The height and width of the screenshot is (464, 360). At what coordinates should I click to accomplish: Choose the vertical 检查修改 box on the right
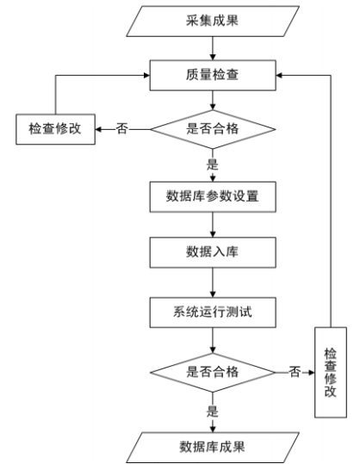click(330, 372)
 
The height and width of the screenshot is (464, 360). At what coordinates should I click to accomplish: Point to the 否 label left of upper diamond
click(121, 130)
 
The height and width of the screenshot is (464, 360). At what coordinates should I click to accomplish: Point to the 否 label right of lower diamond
click(295, 372)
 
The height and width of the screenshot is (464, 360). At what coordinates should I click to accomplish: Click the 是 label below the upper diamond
click(213, 161)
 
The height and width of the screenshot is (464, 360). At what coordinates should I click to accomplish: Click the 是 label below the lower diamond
click(213, 404)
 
